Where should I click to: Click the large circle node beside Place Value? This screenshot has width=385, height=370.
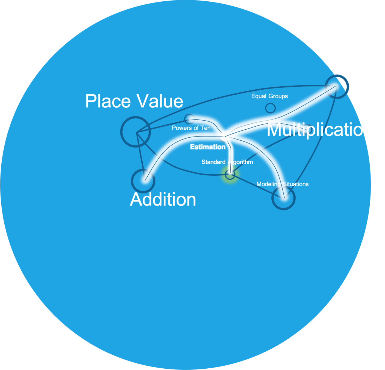[x=136, y=132]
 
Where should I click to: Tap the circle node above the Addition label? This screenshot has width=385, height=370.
[x=143, y=181]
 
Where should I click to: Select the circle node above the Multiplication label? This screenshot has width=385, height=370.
[x=337, y=86]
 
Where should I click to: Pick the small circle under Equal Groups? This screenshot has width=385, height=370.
[x=270, y=108]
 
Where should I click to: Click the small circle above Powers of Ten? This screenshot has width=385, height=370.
[x=189, y=119]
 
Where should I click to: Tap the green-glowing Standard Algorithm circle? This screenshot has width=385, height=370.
[x=230, y=174]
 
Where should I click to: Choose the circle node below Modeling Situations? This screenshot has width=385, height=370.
[x=283, y=198]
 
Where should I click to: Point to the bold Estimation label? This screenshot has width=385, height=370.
[x=208, y=147]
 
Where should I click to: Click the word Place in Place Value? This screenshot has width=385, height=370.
[x=108, y=101]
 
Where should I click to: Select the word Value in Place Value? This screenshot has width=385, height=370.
[x=160, y=101]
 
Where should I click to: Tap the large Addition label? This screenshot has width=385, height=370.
[x=163, y=199]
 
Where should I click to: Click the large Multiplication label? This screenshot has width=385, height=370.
[x=320, y=129]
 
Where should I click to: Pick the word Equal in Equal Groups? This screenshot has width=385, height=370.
[x=259, y=96]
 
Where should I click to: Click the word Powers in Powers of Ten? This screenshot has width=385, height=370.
[x=181, y=128]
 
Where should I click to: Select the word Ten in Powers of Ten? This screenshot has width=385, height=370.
[x=205, y=128]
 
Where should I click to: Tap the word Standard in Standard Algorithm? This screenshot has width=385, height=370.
[x=213, y=162]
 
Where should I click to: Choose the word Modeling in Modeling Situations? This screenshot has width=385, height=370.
[x=268, y=184]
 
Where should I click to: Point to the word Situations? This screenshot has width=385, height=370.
[x=296, y=184]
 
